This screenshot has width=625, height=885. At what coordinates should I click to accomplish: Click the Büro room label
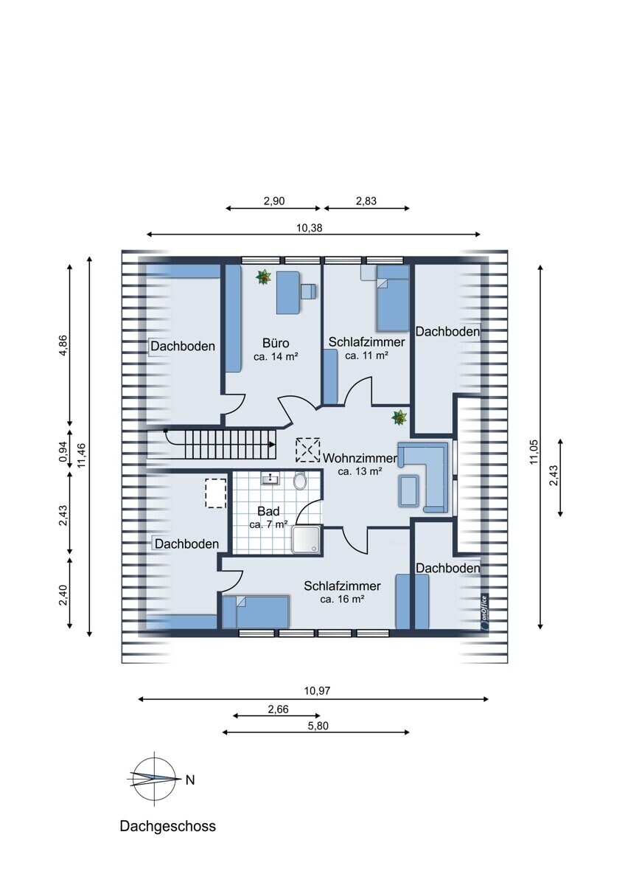(275, 343)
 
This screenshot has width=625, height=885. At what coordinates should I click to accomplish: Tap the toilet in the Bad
(300, 482)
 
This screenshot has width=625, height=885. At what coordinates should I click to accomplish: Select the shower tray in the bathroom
(307, 540)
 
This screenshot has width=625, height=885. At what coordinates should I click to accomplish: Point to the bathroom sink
(270, 480)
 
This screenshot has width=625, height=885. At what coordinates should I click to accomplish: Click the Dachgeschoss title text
(168, 826)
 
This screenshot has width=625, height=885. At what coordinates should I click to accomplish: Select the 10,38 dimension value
(310, 228)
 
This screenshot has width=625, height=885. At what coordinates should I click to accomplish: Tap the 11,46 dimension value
(82, 455)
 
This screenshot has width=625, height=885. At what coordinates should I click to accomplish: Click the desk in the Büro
(288, 293)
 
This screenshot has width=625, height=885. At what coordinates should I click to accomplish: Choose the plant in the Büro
(262, 277)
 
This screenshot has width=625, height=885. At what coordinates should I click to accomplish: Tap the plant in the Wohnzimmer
(399, 418)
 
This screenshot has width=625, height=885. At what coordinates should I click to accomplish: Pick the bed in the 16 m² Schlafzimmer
(256, 611)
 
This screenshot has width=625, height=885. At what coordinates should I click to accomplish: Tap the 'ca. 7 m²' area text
(268, 525)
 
